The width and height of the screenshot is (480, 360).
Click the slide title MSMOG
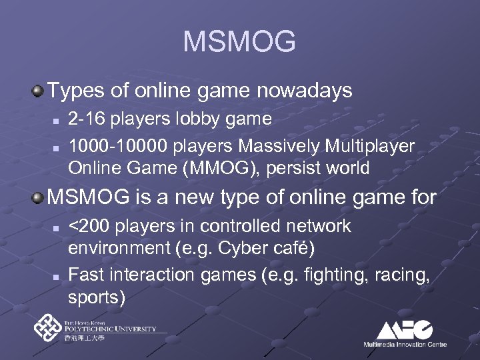239,42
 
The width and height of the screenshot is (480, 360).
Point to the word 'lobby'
195,119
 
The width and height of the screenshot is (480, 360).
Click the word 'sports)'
97,297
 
